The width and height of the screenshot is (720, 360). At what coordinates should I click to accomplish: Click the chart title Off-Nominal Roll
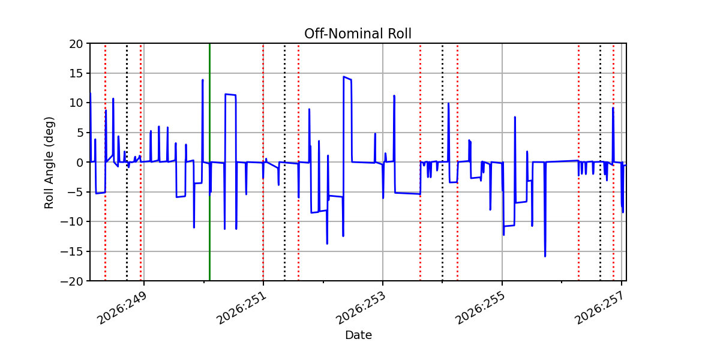(x=358, y=34)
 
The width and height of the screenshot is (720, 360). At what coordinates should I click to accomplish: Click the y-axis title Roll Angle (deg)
(x=49, y=163)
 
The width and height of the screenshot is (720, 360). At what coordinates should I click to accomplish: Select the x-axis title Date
(x=358, y=335)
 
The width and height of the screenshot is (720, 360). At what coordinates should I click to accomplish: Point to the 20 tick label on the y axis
(x=76, y=44)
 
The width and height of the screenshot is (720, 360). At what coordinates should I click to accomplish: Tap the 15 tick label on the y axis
(x=76, y=74)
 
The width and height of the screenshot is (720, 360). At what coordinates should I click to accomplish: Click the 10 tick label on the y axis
(x=76, y=103)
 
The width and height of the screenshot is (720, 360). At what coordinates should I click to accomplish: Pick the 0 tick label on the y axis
(x=80, y=163)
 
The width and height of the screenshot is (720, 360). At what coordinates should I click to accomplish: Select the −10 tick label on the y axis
(x=71, y=222)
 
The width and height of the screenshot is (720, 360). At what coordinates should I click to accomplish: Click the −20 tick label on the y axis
(x=71, y=281)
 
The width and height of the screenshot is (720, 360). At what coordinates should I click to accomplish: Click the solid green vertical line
(x=209, y=162)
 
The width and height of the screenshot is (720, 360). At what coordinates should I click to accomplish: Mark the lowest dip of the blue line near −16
(x=545, y=256)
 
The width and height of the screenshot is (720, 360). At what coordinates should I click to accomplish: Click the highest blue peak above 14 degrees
(x=344, y=77)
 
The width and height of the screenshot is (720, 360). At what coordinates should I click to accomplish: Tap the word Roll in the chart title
(x=400, y=34)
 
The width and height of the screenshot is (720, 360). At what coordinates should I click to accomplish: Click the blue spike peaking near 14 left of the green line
(x=203, y=80)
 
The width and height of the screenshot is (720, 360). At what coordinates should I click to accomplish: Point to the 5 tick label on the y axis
(x=80, y=133)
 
